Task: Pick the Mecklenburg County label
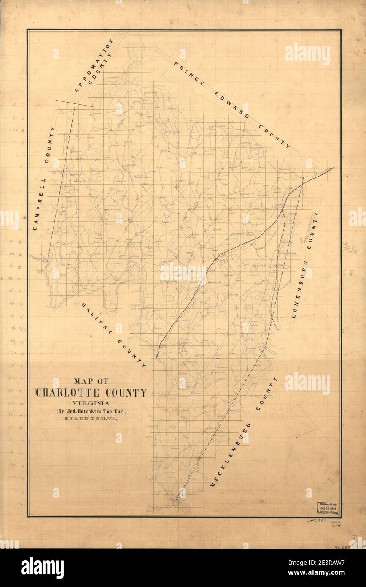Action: coord(244,432)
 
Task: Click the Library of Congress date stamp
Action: coord(328,508)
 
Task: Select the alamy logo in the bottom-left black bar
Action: coord(42,568)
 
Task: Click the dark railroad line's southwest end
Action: coord(156,357)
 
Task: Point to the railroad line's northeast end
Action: coord(334,167)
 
